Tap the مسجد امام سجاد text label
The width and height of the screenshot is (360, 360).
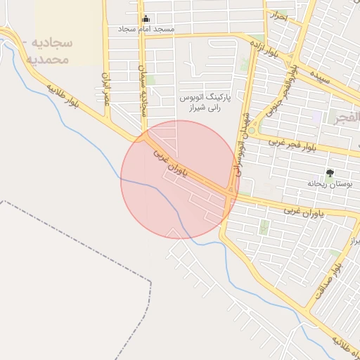146,30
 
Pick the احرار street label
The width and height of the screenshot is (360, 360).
280,16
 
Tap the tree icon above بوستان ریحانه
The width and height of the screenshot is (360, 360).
330,172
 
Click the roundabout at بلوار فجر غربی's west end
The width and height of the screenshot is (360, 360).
252,130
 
